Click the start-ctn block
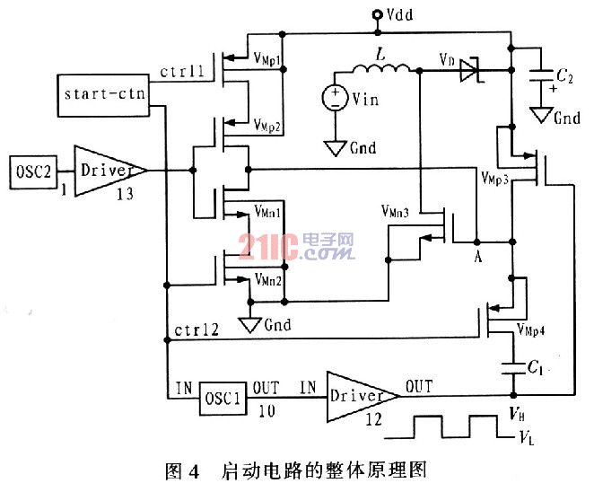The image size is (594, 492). pyautogui.click(x=103, y=95)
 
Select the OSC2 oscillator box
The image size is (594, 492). pyautogui.click(x=33, y=172)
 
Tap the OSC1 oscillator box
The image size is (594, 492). pyautogui.click(x=223, y=399)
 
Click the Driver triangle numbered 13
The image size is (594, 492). pyautogui.click(x=109, y=171)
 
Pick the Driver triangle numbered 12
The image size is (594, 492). pyautogui.click(x=363, y=397)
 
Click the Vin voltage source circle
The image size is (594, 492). pyautogui.click(x=335, y=98)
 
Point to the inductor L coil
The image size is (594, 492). pyautogui.click(x=381, y=68)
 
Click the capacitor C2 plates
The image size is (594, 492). pyautogui.click(x=541, y=75)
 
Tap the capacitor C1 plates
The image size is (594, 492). pyautogui.click(x=513, y=368)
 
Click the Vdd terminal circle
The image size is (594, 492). pyautogui.click(x=378, y=14)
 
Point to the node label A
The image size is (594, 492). pyautogui.click(x=478, y=257)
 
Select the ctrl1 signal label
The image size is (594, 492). pyautogui.click(x=182, y=71)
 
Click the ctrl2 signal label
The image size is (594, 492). pyautogui.click(x=197, y=329)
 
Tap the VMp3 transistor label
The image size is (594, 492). pyautogui.click(x=494, y=178)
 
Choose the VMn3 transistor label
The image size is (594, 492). pyautogui.click(x=395, y=211)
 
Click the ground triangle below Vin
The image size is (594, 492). pyautogui.click(x=336, y=148)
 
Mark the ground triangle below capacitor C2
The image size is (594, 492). pyautogui.click(x=541, y=115)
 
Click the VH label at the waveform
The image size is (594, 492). pyautogui.click(x=517, y=414)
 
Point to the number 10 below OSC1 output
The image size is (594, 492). pyautogui.click(x=266, y=411)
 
